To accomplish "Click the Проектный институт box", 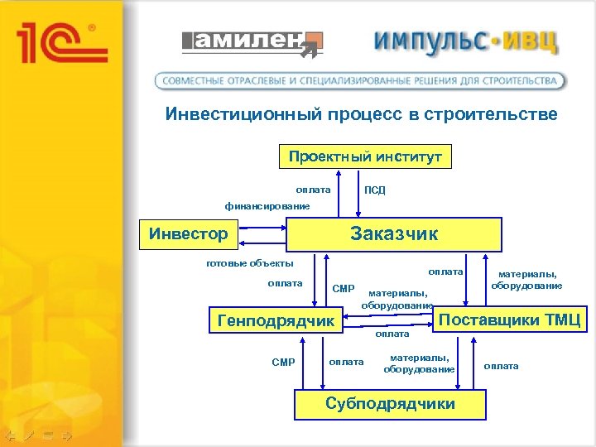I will pyautogui.click(x=365, y=156).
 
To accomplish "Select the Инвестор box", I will pyautogui.click(x=188, y=233).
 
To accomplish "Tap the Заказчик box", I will pyautogui.click(x=394, y=233).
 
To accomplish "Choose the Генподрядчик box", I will pyautogui.click(x=275, y=320).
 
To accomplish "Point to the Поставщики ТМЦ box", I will pyautogui.click(x=509, y=319).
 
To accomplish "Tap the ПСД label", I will pyautogui.click(x=374, y=190).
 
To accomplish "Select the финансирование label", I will pyautogui.click(x=267, y=205).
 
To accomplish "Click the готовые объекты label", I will pyautogui.click(x=249, y=264).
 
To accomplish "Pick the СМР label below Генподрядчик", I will pyautogui.click(x=283, y=362).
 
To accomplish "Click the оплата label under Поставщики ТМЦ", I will pyautogui.click(x=501, y=366).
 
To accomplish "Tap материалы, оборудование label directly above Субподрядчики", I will pyautogui.click(x=418, y=363).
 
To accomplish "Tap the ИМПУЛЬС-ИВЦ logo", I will pyautogui.click(x=466, y=41).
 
